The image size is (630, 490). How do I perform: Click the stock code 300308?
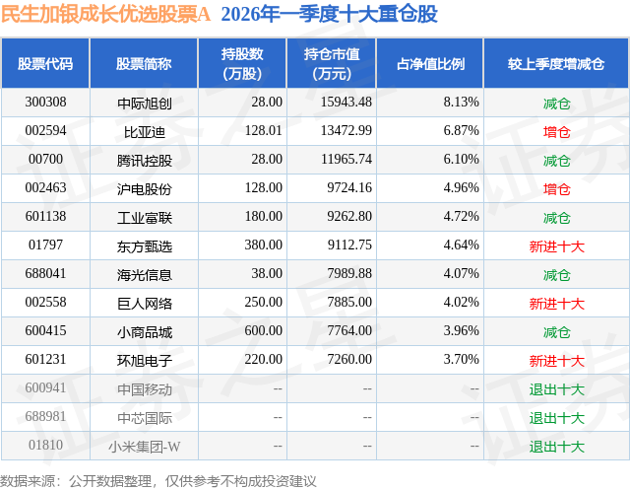[x=45, y=103]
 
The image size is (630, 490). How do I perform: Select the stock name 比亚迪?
[x=144, y=131]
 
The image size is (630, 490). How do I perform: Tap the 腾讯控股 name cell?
[x=144, y=160]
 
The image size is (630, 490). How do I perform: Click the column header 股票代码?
[x=45, y=64]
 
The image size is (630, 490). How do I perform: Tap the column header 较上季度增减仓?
[x=556, y=64]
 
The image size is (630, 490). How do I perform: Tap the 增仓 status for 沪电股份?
[x=556, y=188]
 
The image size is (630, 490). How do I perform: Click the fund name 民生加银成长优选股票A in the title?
[x=105, y=15]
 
